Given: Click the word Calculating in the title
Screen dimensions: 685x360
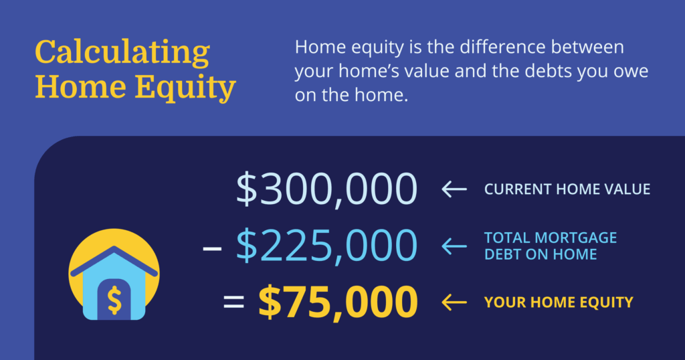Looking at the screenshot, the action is (122, 53).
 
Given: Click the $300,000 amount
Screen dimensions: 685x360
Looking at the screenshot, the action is (326, 189).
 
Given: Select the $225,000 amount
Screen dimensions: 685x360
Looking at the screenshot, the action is (326, 246).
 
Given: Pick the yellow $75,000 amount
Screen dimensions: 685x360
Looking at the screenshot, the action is (338, 302).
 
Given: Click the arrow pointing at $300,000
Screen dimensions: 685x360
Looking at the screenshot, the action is (454, 189).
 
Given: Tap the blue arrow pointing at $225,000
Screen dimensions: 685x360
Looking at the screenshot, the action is (454, 246).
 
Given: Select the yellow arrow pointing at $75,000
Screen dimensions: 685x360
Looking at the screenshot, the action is (454, 302).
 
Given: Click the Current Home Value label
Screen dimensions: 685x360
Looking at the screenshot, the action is (567, 189).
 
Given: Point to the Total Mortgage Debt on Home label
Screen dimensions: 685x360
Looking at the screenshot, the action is (551, 246).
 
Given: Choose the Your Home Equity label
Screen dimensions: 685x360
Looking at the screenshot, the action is (559, 302).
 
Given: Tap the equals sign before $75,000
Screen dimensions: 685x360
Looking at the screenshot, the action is (233, 302).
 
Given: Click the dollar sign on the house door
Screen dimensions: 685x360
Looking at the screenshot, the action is (114, 300).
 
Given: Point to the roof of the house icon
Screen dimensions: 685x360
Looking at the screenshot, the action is (114, 260).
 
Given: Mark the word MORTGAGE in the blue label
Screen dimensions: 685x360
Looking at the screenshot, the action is (576, 238).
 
